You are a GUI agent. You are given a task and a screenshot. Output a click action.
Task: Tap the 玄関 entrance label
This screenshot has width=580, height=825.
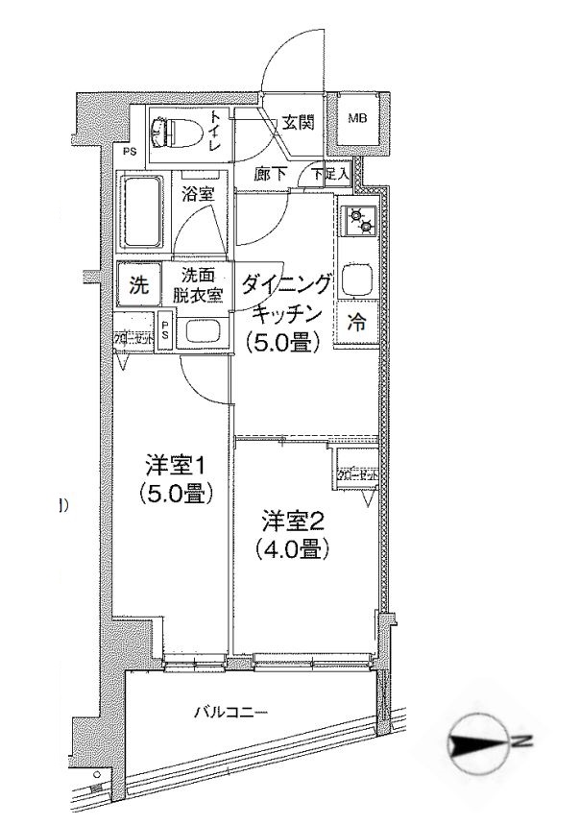pyautogui.click(x=297, y=122)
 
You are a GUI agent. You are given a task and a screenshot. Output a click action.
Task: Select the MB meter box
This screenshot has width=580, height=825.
pyautogui.click(x=358, y=119)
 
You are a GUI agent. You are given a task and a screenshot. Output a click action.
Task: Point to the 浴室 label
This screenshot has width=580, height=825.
pyautogui.click(x=198, y=193)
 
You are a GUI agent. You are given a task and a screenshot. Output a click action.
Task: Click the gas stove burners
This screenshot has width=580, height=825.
pyautogui.click(x=363, y=221)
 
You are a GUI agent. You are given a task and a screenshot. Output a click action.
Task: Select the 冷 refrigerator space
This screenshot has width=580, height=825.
pyautogui.click(x=355, y=324)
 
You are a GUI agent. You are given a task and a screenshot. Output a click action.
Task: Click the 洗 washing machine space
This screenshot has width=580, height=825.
pyautogui.click(x=139, y=284)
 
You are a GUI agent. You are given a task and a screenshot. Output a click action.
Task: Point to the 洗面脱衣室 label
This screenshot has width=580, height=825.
pyautogui.click(x=198, y=285)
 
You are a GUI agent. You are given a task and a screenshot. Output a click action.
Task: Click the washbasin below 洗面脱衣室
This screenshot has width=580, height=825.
pyautogui.click(x=203, y=333)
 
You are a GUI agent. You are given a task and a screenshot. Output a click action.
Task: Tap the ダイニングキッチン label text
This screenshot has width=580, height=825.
pyautogui.click(x=286, y=298)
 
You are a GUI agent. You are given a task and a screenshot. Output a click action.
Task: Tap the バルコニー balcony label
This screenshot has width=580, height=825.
pyautogui.click(x=231, y=712)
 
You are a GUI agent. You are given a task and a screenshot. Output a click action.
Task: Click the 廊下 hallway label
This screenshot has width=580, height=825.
pyautogui.click(x=270, y=175)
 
